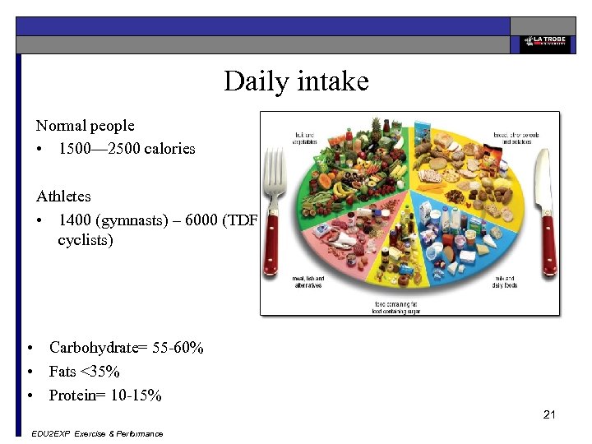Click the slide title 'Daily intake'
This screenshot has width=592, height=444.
click(296, 81)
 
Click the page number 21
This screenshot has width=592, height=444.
click(549, 414)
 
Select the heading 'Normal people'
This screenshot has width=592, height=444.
click(85, 126)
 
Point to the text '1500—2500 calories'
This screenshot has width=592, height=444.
click(127, 149)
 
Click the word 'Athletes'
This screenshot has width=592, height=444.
click(63, 197)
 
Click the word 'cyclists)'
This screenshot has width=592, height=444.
click(86, 241)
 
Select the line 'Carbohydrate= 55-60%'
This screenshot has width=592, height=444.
click(126, 348)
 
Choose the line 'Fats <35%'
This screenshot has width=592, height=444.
click(84, 372)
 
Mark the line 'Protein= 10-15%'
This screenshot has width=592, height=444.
click(105, 395)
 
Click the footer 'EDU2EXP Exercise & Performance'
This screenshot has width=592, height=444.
click(95, 433)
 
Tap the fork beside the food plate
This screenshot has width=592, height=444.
click(271, 215)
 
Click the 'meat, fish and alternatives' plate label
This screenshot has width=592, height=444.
click(308, 281)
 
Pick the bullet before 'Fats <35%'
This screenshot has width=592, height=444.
click(30, 372)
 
